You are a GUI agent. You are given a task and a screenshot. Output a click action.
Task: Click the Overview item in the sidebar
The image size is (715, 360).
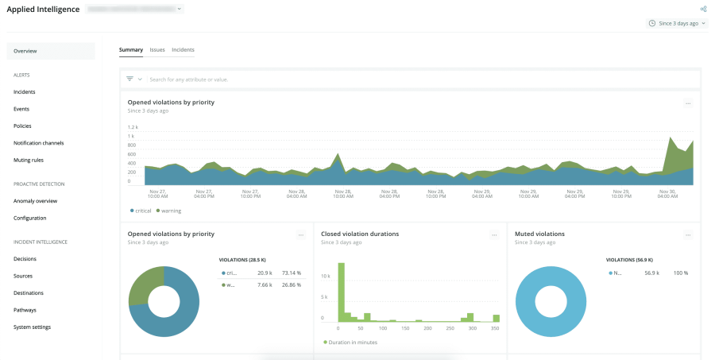pos(25,51)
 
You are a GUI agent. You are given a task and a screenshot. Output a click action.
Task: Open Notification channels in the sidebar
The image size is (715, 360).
pos(38,143)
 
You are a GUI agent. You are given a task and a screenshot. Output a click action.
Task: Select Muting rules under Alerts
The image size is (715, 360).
pos(29,160)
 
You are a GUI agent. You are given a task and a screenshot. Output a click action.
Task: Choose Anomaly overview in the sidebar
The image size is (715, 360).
pos(35,201)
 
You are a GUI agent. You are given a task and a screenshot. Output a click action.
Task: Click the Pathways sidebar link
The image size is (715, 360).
pos(25,310)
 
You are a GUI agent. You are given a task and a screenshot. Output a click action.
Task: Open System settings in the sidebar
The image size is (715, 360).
pos(33,327)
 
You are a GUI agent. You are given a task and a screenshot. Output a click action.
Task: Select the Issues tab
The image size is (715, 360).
pos(157,49)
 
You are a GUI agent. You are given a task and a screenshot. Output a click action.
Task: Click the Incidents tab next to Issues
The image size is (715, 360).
pos(183,49)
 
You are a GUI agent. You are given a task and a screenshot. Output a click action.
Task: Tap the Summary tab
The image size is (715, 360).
pos(131,49)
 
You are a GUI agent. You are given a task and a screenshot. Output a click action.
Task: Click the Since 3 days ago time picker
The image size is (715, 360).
pos(678,23)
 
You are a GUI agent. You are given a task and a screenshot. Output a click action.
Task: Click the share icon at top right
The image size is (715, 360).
pos(703,9)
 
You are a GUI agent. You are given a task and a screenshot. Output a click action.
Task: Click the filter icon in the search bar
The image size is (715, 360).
pos(130,79)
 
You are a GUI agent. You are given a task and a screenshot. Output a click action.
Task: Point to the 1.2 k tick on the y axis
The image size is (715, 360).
pos(133,127)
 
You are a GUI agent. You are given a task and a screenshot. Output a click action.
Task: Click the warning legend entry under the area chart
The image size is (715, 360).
pos(171,211)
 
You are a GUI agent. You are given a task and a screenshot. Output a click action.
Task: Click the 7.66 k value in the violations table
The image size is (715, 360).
pos(264,285)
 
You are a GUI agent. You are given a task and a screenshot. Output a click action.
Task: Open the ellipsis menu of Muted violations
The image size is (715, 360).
pos(688,235)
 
